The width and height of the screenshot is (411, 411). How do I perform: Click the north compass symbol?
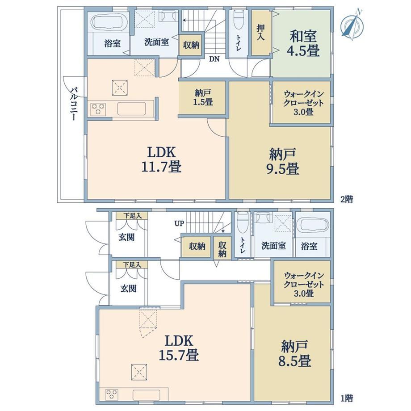point(352,25)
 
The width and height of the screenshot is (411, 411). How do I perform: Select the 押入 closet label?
point(260,32)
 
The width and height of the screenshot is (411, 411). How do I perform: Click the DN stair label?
point(214,59)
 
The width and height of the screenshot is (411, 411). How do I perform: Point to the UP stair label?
point(179,223)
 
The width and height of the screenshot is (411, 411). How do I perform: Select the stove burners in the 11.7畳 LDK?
point(98,109)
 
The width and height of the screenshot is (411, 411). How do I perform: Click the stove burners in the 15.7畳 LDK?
point(112,395)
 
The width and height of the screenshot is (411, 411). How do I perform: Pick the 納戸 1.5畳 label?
point(203,97)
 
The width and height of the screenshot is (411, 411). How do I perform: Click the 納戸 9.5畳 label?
point(283,161)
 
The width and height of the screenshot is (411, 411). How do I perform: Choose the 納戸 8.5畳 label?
point(294,353)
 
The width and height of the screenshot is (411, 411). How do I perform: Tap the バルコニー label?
point(74,104)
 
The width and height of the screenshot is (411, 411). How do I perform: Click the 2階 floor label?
point(347,199)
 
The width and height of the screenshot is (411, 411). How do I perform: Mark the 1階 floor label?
point(347,398)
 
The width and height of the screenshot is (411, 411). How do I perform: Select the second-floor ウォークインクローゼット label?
point(303,102)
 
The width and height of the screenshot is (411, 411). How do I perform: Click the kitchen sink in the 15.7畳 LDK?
point(146,395)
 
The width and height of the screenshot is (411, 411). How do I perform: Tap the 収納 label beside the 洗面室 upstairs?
point(191,45)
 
